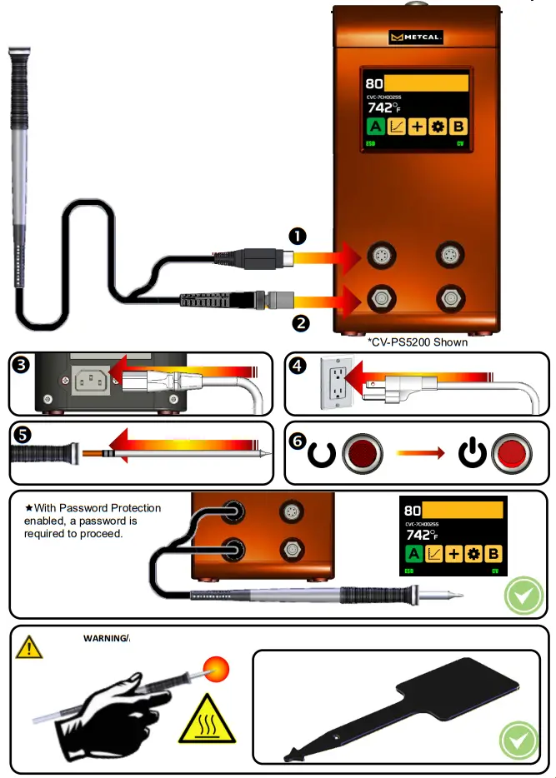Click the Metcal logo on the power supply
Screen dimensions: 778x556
coord(417,37)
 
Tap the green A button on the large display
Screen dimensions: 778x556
coord(375,127)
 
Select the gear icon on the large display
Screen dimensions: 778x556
coord(437,127)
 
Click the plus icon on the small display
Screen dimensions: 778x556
coord(454,554)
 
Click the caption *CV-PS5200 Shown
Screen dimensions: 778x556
coord(418,342)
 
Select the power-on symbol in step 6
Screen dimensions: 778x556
coord(472,454)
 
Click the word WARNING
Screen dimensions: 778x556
coord(105,639)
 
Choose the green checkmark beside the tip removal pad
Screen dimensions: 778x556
coord(517,740)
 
